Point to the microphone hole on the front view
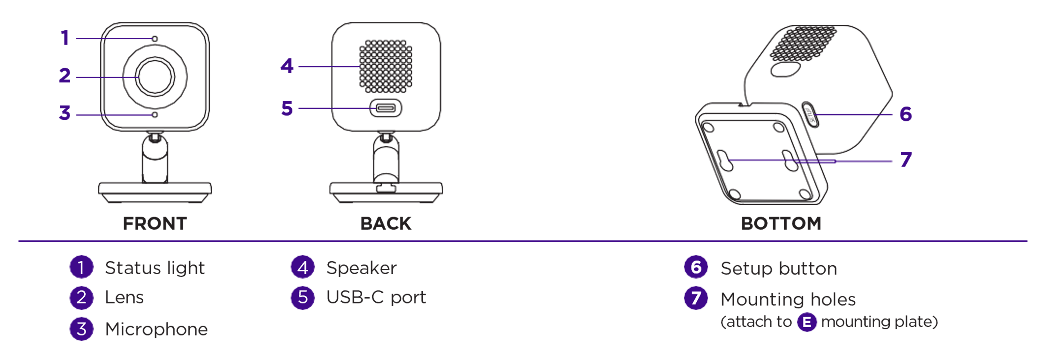(155, 115)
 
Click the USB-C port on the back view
(385, 108)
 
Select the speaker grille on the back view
(385, 66)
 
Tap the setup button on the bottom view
(809, 115)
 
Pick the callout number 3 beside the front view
(65, 113)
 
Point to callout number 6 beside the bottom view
(906, 114)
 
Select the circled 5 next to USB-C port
(303, 297)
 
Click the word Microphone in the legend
(156, 329)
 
